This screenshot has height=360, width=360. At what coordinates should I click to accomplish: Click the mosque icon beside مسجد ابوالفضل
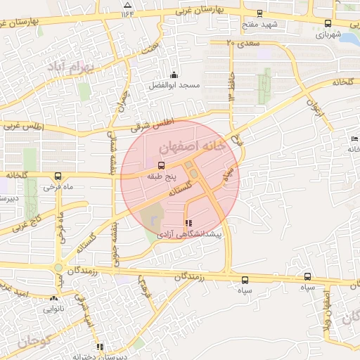click(x=174, y=75)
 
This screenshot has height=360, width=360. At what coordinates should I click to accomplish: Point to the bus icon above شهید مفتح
click(x=259, y=13)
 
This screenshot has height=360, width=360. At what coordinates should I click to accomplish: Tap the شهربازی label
click(x=329, y=33)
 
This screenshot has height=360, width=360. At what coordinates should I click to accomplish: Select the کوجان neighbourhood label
click(x=32, y=342)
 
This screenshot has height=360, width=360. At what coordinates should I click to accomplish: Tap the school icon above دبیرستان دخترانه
click(x=101, y=347)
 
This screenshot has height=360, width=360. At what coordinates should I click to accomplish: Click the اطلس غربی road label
click(x=22, y=127)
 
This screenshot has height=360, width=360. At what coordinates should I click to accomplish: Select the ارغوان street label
click(x=314, y=107)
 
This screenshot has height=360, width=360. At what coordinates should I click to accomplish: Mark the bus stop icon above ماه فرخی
click(x=58, y=176)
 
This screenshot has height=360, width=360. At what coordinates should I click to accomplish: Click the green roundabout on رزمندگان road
click(x=58, y=269)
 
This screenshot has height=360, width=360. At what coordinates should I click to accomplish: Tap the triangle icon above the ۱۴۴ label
click(x=127, y=4)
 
